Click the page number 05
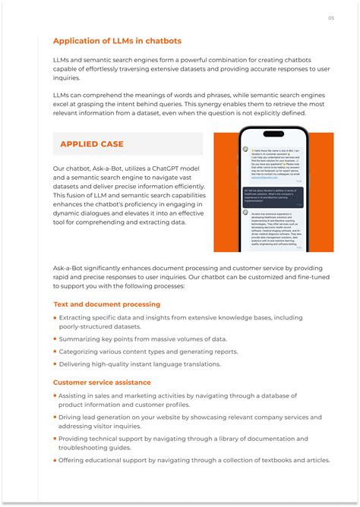point(331,17)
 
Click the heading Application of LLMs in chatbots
point(117,41)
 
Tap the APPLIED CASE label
point(92,144)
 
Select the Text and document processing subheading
point(106,304)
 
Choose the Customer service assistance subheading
point(102,383)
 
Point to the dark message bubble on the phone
point(273,197)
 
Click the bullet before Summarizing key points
point(55,339)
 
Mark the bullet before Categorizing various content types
point(55,351)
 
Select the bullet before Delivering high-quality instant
point(55,364)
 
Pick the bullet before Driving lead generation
point(55,417)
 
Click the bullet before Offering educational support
point(55,460)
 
